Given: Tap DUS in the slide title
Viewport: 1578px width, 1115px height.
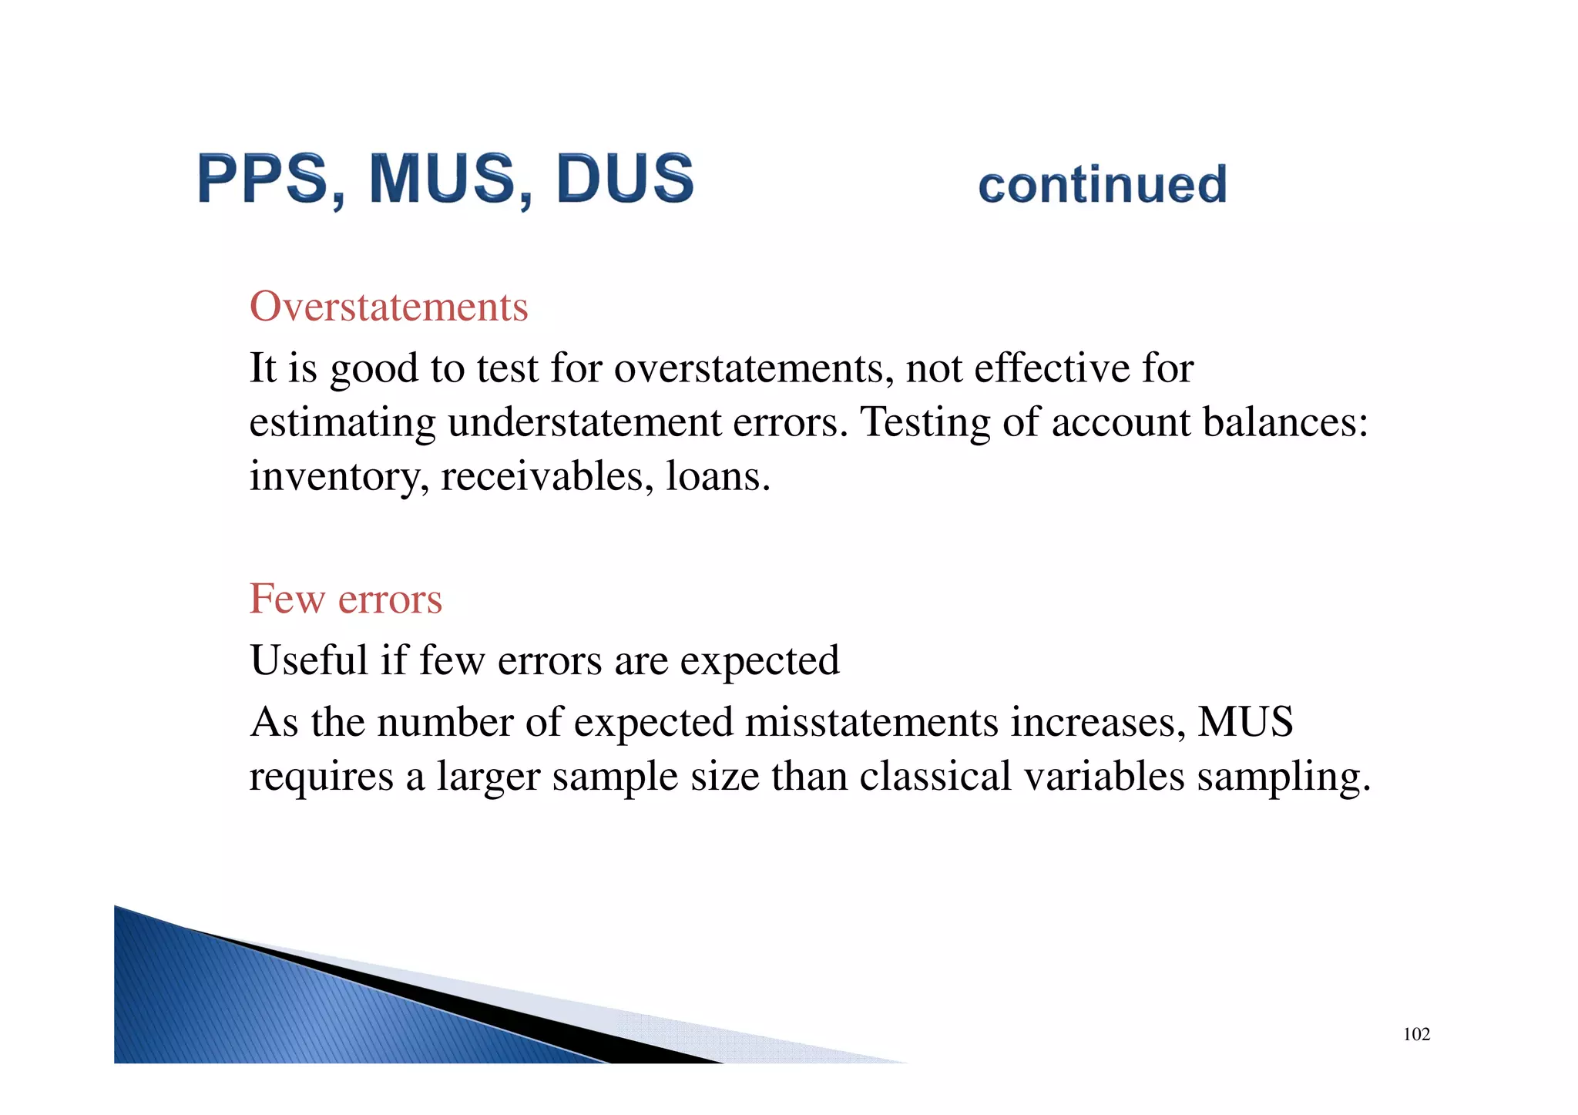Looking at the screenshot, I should click(624, 179).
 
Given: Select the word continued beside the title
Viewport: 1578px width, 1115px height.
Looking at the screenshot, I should click(1102, 185).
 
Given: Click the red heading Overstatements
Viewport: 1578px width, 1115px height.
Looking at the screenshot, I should click(388, 307).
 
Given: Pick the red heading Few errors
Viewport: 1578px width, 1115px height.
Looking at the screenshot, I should click(345, 599).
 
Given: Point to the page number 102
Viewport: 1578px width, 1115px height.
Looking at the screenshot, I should click(1416, 1034).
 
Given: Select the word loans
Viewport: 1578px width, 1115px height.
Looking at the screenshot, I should click(717, 475).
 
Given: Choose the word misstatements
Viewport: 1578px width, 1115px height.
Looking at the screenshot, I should click(871, 723).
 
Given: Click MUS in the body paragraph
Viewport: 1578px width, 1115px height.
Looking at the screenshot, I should click(1245, 722).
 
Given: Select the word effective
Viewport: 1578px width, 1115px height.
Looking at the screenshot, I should click(1052, 368).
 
